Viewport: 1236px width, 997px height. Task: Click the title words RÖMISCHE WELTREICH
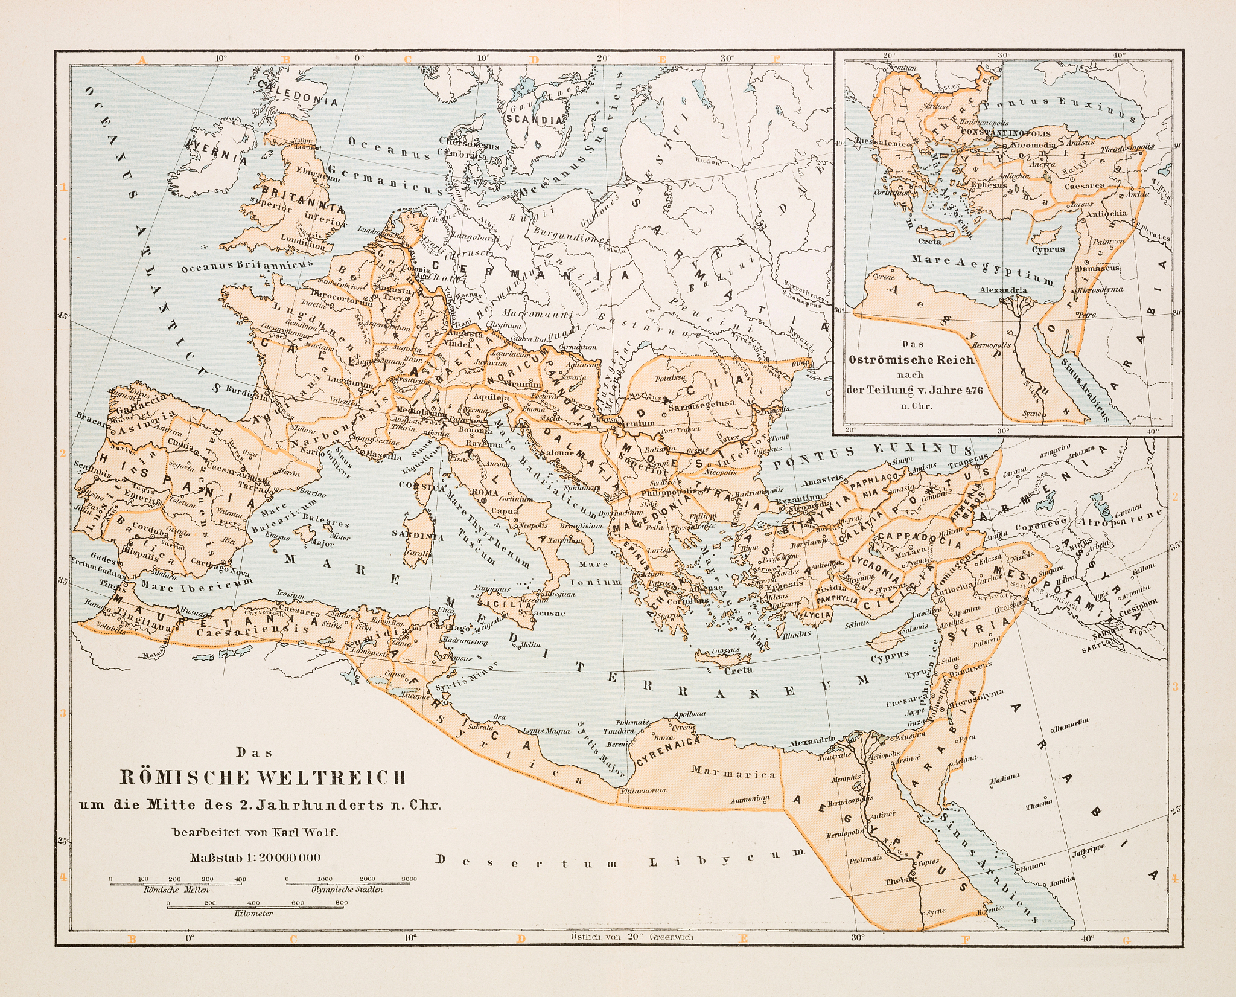(x=264, y=777)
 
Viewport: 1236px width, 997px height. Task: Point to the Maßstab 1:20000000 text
(x=255, y=857)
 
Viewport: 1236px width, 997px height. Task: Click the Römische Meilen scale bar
(x=176, y=883)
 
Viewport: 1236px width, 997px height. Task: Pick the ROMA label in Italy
(x=485, y=492)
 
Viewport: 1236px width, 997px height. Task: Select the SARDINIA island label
(x=418, y=536)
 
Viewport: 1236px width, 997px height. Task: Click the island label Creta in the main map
(x=738, y=670)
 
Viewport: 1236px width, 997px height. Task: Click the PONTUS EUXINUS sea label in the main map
(x=872, y=457)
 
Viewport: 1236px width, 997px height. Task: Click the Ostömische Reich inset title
(x=911, y=359)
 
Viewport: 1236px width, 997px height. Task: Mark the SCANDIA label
(x=534, y=120)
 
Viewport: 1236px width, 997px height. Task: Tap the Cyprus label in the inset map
(x=1048, y=249)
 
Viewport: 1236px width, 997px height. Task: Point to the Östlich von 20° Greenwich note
(x=632, y=937)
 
